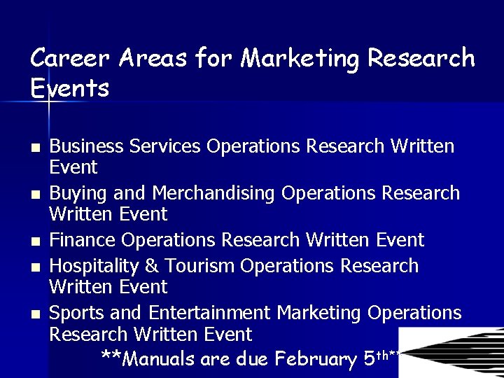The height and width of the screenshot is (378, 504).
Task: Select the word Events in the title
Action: (x=70, y=89)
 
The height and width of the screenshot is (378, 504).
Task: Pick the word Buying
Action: (x=76, y=193)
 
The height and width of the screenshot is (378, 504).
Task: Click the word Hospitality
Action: (x=92, y=267)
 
